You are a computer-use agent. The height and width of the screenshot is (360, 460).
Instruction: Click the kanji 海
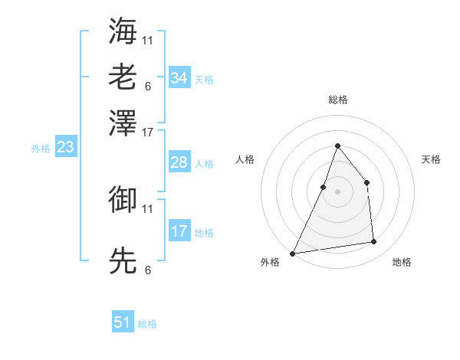pyautogui.click(x=123, y=31)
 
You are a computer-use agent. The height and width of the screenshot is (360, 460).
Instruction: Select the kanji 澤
pyautogui.click(x=123, y=123)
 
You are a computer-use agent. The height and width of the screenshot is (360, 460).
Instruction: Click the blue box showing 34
pyautogui.click(x=179, y=77)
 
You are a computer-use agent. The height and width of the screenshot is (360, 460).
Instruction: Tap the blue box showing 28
pyautogui.click(x=179, y=162)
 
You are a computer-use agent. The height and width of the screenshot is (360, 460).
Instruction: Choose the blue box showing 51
pyautogui.click(x=123, y=322)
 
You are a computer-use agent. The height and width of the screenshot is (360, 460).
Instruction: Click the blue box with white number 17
pyautogui.click(x=179, y=231)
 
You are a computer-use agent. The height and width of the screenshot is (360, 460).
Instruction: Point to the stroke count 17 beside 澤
pyautogui.click(x=148, y=132)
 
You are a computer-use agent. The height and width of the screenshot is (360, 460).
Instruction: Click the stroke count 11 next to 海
pyautogui.click(x=148, y=39)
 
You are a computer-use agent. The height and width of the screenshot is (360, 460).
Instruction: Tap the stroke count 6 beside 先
pyautogui.click(x=147, y=270)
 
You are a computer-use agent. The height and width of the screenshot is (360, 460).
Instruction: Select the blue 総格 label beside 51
pyautogui.click(x=147, y=324)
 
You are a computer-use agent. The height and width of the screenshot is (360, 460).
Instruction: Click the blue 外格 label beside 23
pyautogui.click(x=41, y=149)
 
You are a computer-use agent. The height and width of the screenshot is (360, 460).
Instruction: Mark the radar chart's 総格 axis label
pyautogui.click(x=337, y=100)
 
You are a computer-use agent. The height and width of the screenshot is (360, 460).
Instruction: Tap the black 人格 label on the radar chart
pyautogui.click(x=245, y=159)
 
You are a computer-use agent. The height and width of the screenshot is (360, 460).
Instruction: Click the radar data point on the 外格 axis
pyautogui.click(x=293, y=253)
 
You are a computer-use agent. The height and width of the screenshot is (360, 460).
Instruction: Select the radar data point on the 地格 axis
pyautogui.click(x=374, y=242)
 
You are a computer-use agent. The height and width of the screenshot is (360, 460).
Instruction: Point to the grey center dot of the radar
pyautogui.click(x=337, y=191)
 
